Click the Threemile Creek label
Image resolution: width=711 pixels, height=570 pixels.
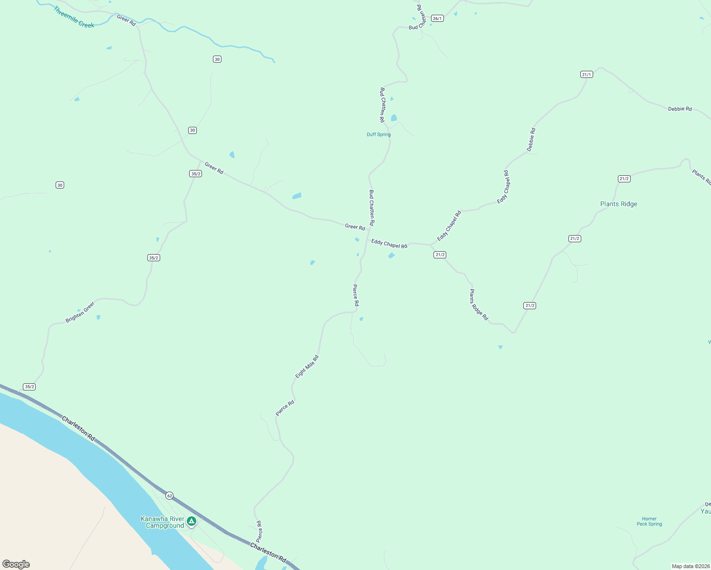coord(74,17)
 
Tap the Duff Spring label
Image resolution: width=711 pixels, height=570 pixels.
coord(379,134)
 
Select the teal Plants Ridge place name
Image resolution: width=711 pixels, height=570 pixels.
coord(618,204)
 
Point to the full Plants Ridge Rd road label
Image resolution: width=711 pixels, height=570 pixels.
coord(479,304)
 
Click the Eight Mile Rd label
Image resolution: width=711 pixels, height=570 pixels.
coord(307,367)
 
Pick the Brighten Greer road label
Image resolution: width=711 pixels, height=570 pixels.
coord(80,312)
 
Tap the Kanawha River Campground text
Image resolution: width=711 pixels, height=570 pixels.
coord(163,522)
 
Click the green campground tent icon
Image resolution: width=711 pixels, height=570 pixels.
coord(192,522)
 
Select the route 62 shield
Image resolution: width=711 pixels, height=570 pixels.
coord(170,496)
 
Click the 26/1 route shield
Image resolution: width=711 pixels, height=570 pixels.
coord(437,19)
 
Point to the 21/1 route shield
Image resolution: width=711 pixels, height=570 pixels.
coord(586,75)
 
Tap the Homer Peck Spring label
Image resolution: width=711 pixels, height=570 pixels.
coord(649,522)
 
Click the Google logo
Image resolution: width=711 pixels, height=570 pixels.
coord(16,564)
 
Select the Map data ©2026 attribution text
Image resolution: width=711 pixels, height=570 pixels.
coord(691,566)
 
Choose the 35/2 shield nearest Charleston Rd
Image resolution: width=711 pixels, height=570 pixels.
coord(29,387)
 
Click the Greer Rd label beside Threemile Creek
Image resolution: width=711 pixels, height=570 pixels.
coord(126,20)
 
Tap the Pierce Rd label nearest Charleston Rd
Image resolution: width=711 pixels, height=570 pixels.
coord(259,532)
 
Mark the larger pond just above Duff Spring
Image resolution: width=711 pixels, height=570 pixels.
coord(394,118)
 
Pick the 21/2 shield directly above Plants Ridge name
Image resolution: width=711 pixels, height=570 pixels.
coord(624,179)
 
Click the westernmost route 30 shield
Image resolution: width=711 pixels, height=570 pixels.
coord(60,185)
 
